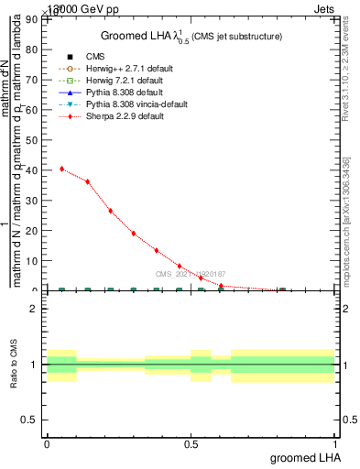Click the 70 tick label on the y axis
(34, 80)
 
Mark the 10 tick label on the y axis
(34, 261)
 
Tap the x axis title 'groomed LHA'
(306, 457)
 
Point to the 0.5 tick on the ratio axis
(32, 420)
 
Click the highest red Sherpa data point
(61, 169)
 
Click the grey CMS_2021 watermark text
(191, 274)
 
